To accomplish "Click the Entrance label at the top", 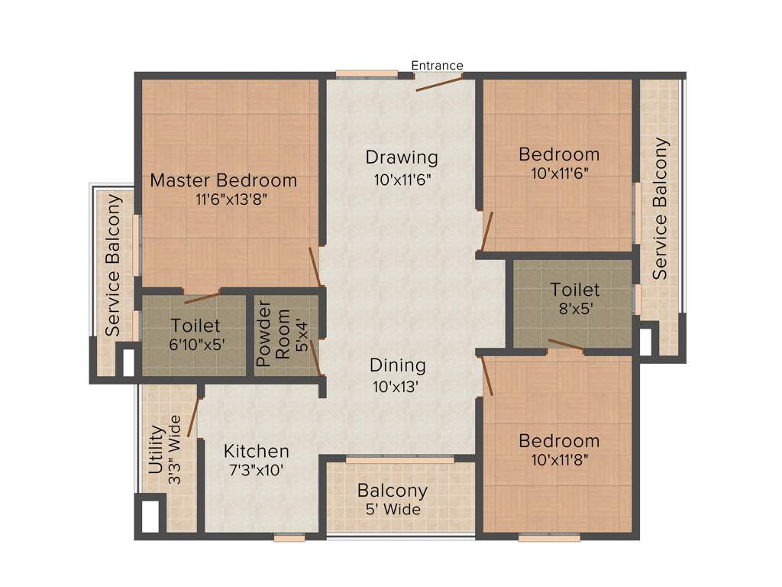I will click(437, 66).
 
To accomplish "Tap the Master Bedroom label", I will click(223, 181).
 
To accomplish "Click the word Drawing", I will click(402, 157).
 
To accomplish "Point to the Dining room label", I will click(398, 365).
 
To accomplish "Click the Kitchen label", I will click(256, 451).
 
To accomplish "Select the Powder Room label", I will click(273, 336).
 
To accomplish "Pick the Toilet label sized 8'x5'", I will click(575, 290).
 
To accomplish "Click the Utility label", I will click(156, 450).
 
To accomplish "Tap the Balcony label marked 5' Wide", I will click(393, 491).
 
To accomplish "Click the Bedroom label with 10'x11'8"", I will click(559, 441).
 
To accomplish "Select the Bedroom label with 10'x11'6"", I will click(559, 154).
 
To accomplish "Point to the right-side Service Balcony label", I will click(661, 208).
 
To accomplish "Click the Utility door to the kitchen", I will click(193, 417).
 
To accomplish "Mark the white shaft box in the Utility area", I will click(150, 515).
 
